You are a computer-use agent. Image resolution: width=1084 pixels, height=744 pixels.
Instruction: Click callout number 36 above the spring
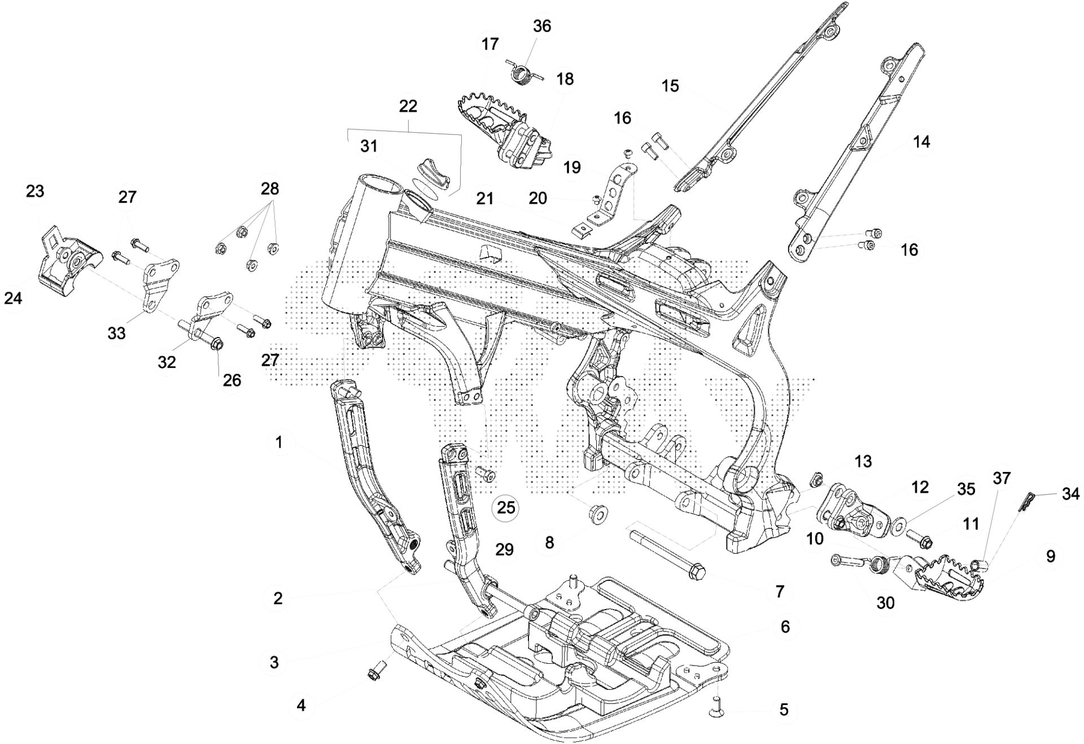tap(542, 27)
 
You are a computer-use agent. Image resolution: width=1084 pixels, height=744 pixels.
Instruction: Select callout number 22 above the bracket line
tap(408, 106)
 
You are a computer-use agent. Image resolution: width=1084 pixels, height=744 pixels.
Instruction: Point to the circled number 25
tap(505, 507)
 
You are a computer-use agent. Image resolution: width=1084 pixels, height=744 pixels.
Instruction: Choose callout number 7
tap(780, 591)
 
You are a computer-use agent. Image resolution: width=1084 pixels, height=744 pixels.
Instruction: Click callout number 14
tap(921, 141)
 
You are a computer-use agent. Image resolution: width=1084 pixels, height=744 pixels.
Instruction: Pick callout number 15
tap(670, 86)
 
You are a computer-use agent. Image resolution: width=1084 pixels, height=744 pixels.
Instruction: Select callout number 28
tap(270, 189)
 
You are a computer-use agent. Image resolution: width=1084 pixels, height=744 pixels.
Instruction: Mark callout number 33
tap(117, 334)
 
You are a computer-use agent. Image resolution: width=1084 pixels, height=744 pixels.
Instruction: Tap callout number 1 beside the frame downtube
tap(278, 442)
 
